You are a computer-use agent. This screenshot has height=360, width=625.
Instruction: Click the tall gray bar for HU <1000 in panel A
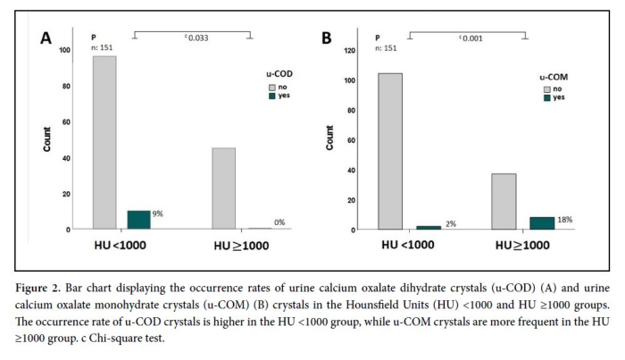pos(104,143)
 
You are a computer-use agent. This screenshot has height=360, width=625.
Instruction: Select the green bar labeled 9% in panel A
pos(139,220)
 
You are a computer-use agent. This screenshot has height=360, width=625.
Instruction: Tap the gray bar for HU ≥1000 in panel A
pos(223,188)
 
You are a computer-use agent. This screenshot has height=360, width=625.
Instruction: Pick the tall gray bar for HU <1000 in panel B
pos(390,151)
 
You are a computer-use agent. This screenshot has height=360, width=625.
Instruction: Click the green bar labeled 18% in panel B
pos(542,222)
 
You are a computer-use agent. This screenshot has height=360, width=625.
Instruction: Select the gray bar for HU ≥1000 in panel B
pos(504,201)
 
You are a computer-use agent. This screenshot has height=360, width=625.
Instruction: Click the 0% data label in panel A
pos(279,222)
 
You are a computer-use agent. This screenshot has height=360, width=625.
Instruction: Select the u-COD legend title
pos(280,76)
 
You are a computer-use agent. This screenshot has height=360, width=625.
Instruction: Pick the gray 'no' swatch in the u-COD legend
pos(273,88)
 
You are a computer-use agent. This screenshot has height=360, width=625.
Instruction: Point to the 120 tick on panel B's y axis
pos(348,50)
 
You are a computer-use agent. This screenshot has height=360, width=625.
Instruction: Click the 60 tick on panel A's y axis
pos(65,122)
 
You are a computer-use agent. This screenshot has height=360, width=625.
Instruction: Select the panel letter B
pos(326,38)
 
